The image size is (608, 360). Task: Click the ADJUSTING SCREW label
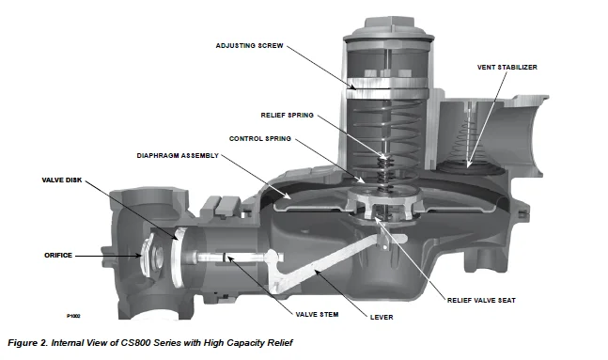249,46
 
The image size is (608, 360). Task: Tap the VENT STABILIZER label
507,68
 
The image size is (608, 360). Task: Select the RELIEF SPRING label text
287,116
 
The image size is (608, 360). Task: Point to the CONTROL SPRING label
259,139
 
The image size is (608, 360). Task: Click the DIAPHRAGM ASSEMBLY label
178,156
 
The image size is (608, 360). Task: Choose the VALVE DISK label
62,180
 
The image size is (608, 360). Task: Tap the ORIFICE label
58,256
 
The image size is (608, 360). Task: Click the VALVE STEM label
317,315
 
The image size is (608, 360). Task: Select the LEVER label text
382,318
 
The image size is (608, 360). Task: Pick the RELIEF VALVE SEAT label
481,301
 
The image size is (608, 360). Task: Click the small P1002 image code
73,316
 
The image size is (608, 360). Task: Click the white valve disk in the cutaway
177,257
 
